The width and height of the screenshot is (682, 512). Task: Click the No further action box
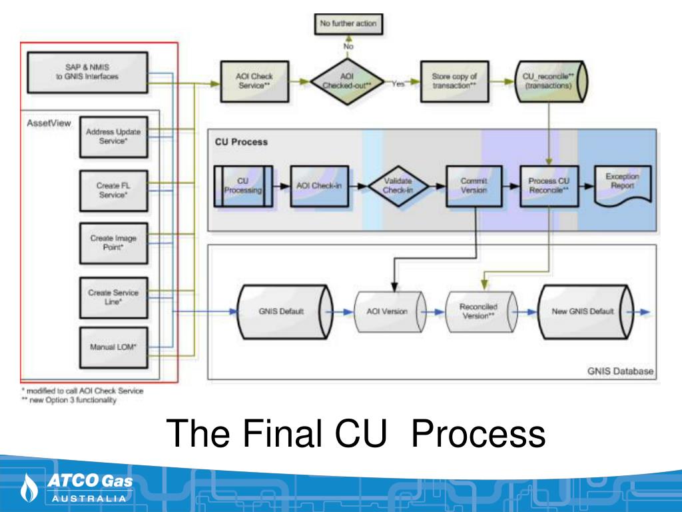pyautogui.click(x=348, y=24)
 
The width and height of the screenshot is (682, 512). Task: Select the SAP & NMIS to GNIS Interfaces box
pyautogui.click(x=87, y=72)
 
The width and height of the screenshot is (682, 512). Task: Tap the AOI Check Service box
pyautogui.click(x=254, y=82)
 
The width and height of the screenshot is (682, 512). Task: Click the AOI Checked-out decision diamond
pyautogui.click(x=347, y=82)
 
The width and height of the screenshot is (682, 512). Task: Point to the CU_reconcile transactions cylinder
pyautogui.click(x=547, y=82)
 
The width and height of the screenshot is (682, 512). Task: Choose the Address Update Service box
pyautogui.click(x=113, y=137)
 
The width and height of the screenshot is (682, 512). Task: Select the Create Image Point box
pyautogui.click(x=113, y=242)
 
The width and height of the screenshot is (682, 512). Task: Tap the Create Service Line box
pyautogui.click(x=113, y=296)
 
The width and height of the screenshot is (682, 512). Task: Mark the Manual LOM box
pyautogui.click(x=113, y=347)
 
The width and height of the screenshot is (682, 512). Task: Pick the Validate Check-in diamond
pyautogui.click(x=398, y=186)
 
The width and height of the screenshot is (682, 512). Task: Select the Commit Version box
pyautogui.click(x=474, y=186)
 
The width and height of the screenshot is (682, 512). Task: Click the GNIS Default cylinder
pyautogui.click(x=281, y=311)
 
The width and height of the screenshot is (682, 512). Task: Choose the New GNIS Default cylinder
pyautogui.click(x=583, y=311)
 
